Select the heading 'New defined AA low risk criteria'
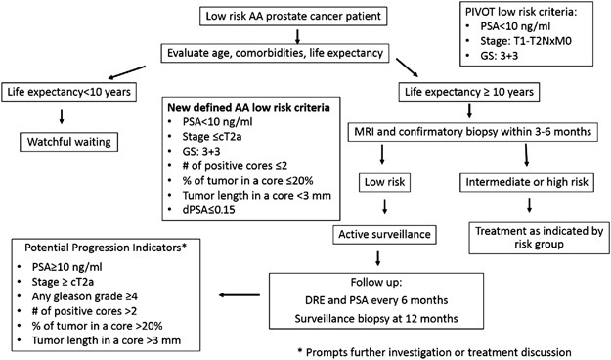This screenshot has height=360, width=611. tap(228, 105)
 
